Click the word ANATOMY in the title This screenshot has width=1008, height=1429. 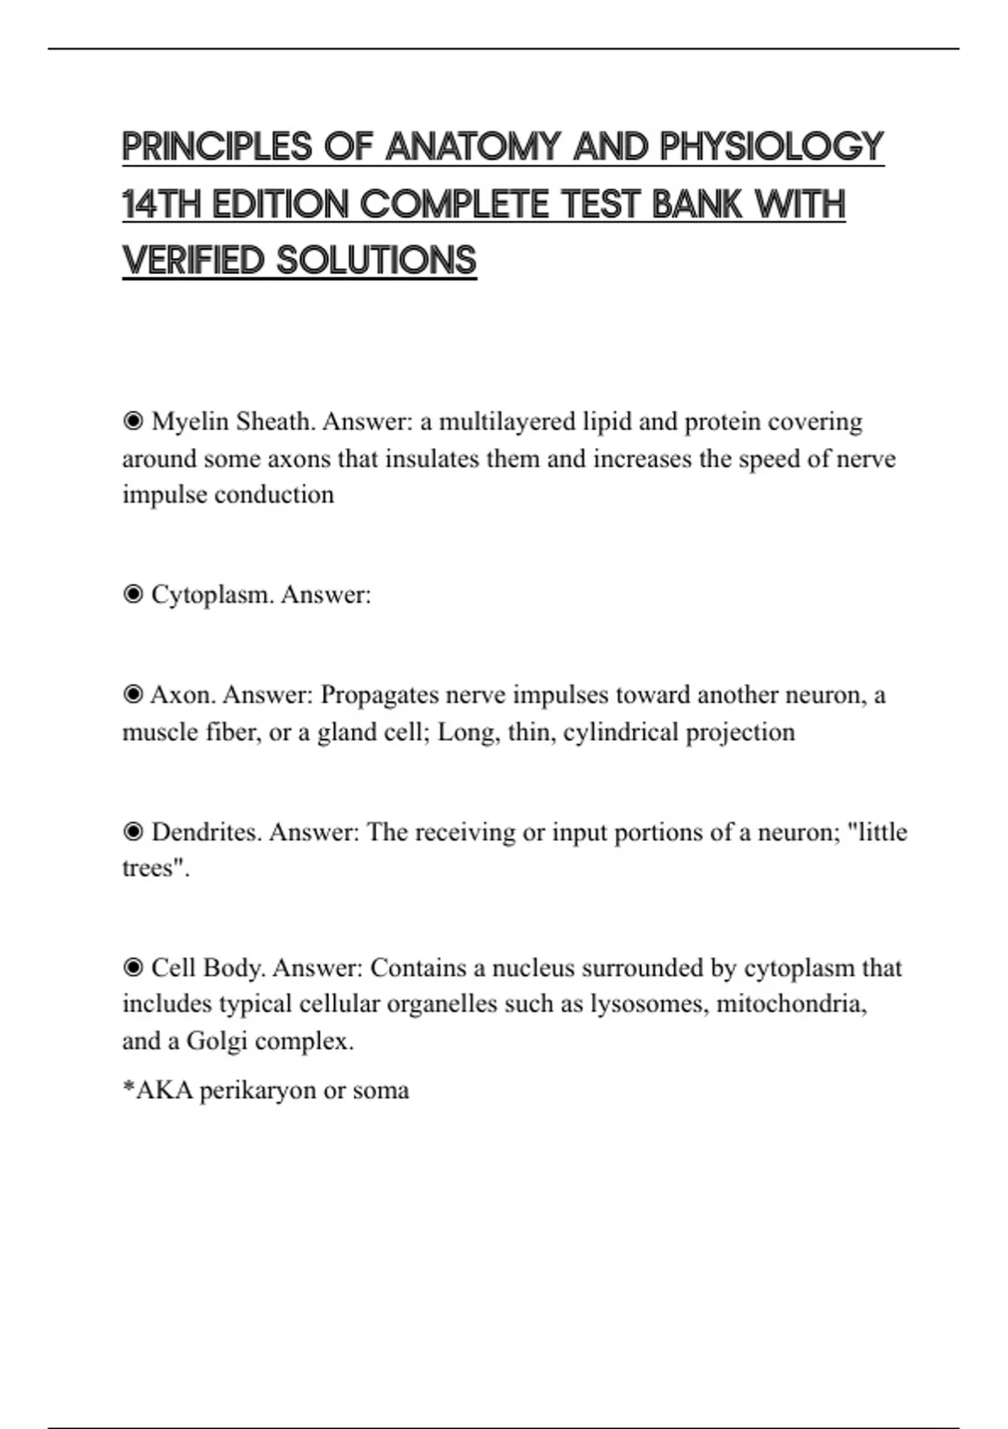473,147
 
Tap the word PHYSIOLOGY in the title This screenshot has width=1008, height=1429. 771,147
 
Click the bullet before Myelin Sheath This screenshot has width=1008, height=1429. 133,421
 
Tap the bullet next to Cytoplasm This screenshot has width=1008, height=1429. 133,595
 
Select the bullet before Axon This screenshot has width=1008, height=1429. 133,695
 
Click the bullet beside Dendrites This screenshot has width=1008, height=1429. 133,832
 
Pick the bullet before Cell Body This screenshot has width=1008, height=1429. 133,968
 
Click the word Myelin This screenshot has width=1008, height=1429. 189,422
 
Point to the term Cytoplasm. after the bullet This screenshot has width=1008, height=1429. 213,596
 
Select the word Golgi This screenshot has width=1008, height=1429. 217,1041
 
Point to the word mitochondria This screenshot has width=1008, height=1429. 790,1005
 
